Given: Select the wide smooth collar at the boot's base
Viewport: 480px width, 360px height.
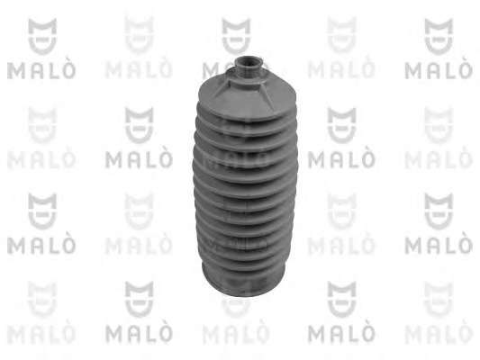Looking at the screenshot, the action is coord(244,282).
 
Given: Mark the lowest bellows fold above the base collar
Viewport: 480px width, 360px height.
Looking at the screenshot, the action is coord(243,263).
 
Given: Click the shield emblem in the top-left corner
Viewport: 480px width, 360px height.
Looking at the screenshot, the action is coord(42,36).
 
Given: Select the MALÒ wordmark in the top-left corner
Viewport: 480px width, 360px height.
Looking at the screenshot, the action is coord(41,69).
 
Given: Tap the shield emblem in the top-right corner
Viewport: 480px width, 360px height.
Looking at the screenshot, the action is coord(439,36).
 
